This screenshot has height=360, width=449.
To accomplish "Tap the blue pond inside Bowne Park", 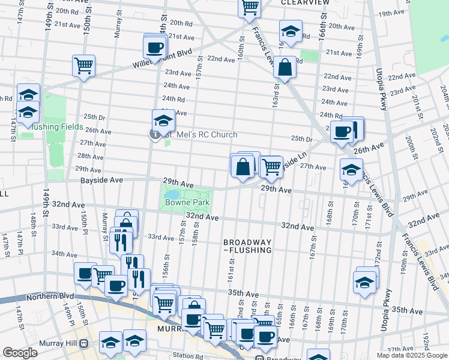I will click(173, 195).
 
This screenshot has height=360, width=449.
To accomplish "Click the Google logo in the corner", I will click(20, 353).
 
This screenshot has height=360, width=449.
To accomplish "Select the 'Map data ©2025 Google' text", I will click(411, 355).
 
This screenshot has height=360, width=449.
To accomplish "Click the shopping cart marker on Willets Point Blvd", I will click(83, 66).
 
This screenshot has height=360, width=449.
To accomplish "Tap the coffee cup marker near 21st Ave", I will click(154, 47).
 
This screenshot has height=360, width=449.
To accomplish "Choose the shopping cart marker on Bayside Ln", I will click(272, 166).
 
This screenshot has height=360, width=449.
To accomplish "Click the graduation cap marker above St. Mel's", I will click(163, 120).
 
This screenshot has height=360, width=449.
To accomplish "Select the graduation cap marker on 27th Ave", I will click(351, 169).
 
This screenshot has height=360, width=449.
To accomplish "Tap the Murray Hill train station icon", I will click(84, 344).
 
